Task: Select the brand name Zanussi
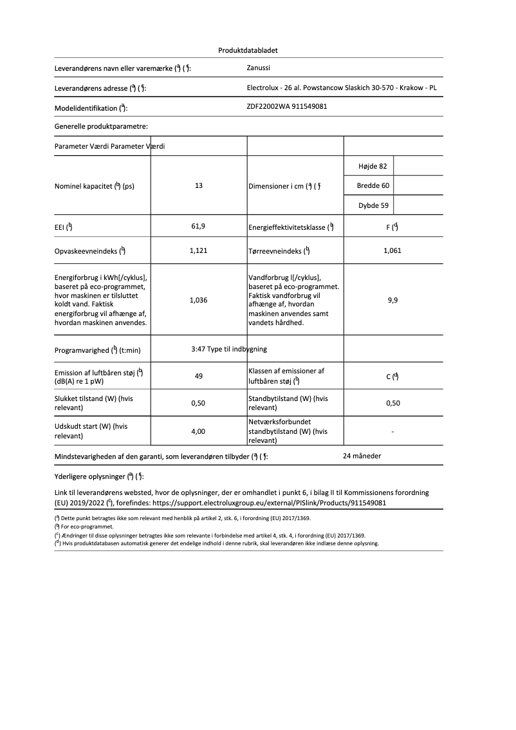point(259,67)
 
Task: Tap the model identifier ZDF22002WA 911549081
point(287,106)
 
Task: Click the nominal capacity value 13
point(199,185)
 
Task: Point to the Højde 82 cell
point(373,166)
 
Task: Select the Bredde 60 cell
point(373,186)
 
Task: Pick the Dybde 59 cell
point(373,206)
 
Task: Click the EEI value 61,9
point(199,227)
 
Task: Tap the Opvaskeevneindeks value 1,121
point(199,250)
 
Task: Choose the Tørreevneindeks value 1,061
point(392,250)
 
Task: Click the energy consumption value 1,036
point(199,300)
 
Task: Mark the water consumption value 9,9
point(392,300)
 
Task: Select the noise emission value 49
point(199,376)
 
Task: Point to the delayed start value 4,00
point(199,431)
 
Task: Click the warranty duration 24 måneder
point(362,456)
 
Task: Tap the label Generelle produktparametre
point(101,127)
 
